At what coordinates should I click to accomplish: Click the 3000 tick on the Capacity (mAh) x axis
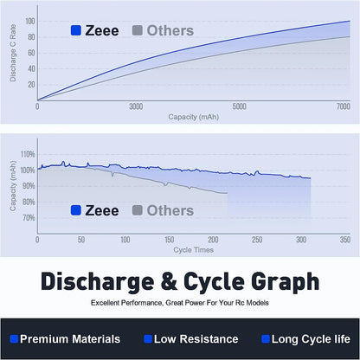[136, 106]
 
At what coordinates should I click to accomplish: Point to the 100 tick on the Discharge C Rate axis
[30, 21]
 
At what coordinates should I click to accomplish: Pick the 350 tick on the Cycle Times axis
[345, 239]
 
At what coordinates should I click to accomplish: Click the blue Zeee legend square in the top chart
[76, 31]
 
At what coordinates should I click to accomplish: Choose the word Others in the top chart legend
[170, 31]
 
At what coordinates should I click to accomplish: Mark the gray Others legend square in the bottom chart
[138, 210]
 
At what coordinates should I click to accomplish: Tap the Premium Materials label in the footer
[69, 339]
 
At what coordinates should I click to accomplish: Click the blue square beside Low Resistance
[148, 339]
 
